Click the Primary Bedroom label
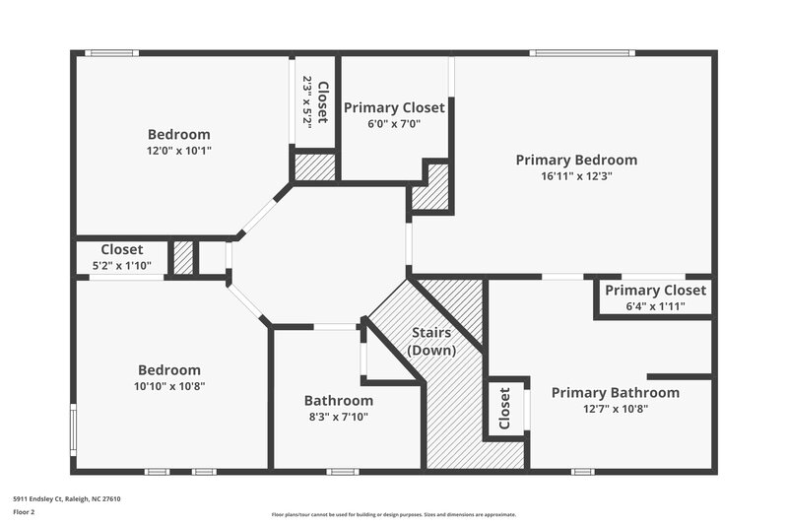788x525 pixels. pos(576,160)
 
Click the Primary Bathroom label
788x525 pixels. pos(615,393)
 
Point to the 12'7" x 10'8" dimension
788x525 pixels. pos(615,409)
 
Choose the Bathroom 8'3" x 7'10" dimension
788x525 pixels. pos(338,417)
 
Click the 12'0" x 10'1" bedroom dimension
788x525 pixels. pos(179,151)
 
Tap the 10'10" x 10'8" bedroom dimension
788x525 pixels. pos(169,386)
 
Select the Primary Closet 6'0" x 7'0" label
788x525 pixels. pos(393,107)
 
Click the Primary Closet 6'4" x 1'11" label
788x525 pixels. pos(655,291)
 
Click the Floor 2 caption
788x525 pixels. pos(24,512)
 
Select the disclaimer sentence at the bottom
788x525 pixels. pos(393,514)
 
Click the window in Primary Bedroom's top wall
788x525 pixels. pos(580,52)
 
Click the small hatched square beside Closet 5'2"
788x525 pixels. pos(183,258)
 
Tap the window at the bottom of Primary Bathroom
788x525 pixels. pos(582,472)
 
